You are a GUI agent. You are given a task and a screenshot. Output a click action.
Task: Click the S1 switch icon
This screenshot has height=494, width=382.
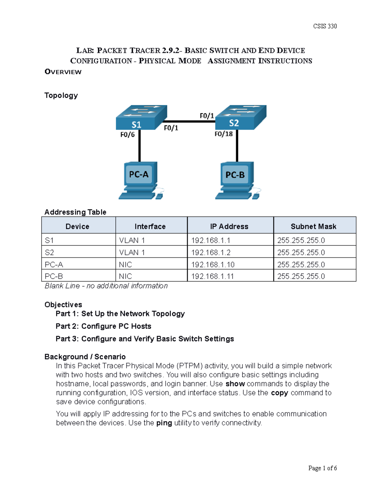coord(141,118)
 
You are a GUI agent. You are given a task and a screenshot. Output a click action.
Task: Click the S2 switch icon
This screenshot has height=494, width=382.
coord(241,117)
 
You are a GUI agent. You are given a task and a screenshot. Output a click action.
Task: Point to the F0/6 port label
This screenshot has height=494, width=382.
coord(127,135)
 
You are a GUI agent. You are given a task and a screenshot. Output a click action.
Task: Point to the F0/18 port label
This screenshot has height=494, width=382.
coord(223,134)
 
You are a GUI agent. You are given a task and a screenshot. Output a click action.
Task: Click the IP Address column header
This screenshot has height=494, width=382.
coord(229,226)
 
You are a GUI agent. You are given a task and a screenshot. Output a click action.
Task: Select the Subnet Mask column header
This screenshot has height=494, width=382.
coord(313,226)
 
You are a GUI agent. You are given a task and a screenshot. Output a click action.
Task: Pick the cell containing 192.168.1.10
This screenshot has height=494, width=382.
coord(212,264)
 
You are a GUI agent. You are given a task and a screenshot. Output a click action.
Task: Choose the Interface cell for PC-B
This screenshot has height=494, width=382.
coord(125,276)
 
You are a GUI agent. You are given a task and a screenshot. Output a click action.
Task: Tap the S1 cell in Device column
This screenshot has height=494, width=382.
coord(49,240)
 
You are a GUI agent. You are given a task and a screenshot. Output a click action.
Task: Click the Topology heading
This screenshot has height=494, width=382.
coord(61,95)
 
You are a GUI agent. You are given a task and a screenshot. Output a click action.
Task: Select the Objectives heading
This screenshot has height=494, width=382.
coord(63,304)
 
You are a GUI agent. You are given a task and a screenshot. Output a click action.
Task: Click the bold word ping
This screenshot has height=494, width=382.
coord(164,423)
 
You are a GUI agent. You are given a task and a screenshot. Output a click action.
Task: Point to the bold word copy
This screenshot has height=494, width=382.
coord(279,393)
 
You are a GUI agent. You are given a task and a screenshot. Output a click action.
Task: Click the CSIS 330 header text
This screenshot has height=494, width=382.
coord(325,26)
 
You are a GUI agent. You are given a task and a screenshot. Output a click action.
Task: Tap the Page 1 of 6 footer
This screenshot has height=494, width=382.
coord(322,468)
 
